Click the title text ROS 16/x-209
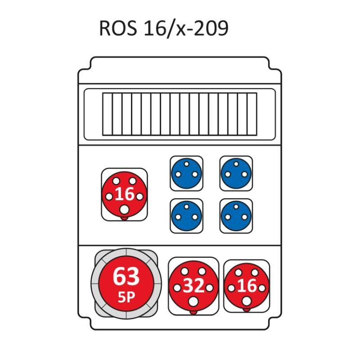point(163,28)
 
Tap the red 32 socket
point(193,285)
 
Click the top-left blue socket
point(186,173)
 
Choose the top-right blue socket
point(236,173)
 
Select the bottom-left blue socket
point(186,216)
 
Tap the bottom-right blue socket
point(236,216)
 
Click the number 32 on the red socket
point(193,285)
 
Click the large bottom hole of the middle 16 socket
point(124,210)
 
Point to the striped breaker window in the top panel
point(180,114)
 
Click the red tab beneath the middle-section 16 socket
point(124,219)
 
